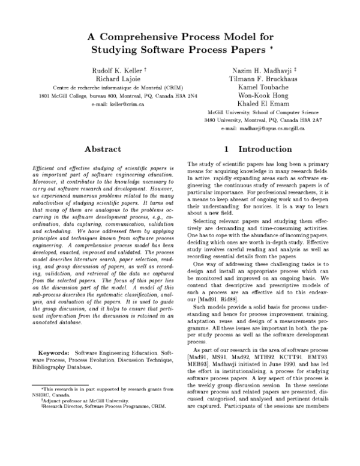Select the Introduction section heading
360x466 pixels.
point(265,148)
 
